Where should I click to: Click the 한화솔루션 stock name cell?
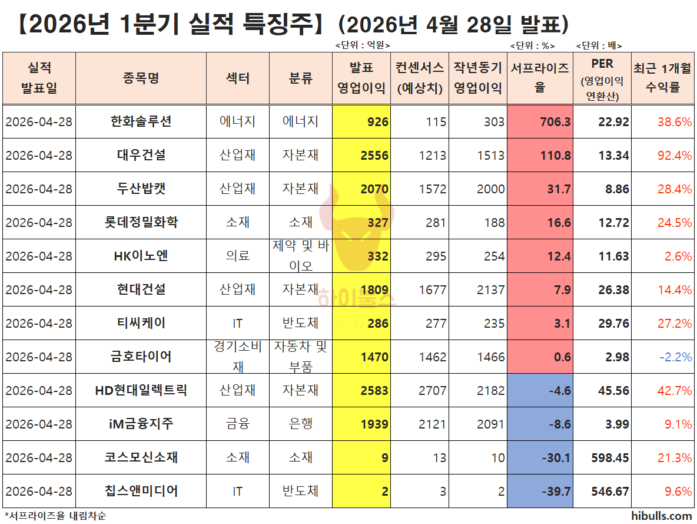141,122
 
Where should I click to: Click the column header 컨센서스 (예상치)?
420,78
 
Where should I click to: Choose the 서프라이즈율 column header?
539,78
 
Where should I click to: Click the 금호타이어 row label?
141,357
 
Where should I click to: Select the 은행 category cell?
300,424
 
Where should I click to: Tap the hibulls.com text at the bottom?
661,516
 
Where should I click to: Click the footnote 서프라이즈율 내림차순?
55,516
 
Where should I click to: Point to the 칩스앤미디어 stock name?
141,492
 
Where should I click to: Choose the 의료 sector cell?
238,256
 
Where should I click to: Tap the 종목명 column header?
141,78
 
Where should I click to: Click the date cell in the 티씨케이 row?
39,324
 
